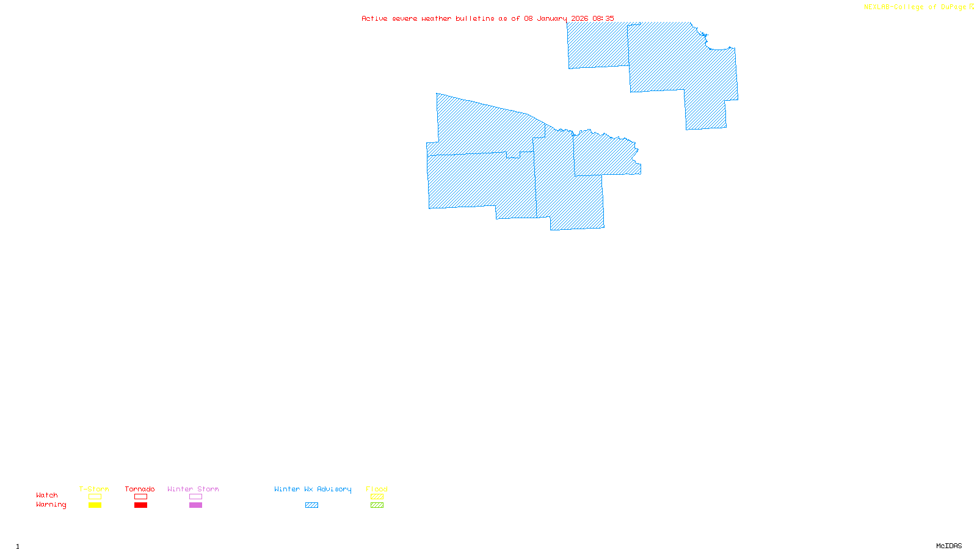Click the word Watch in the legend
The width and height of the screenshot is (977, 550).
[47, 495]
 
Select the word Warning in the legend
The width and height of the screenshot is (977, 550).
[51, 505]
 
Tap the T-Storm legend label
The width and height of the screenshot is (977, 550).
[94, 489]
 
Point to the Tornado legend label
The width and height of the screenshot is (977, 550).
[140, 489]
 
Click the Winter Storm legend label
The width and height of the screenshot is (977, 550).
[193, 489]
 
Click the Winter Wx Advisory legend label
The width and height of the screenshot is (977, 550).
[313, 489]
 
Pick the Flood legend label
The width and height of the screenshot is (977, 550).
[377, 489]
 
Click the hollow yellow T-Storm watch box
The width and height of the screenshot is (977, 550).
[95, 497]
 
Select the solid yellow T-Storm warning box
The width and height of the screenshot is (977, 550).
[95, 505]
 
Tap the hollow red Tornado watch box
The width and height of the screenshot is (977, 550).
[140, 497]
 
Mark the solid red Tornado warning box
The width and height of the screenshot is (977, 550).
[140, 505]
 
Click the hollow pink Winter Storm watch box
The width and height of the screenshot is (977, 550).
[195, 497]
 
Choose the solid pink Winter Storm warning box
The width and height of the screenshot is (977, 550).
[195, 505]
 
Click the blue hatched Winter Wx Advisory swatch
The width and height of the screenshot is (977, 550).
[311, 505]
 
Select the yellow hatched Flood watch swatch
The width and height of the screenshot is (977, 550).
[377, 497]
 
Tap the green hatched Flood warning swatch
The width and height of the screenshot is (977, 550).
[377, 505]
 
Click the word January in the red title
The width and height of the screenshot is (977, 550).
[551, 18]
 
